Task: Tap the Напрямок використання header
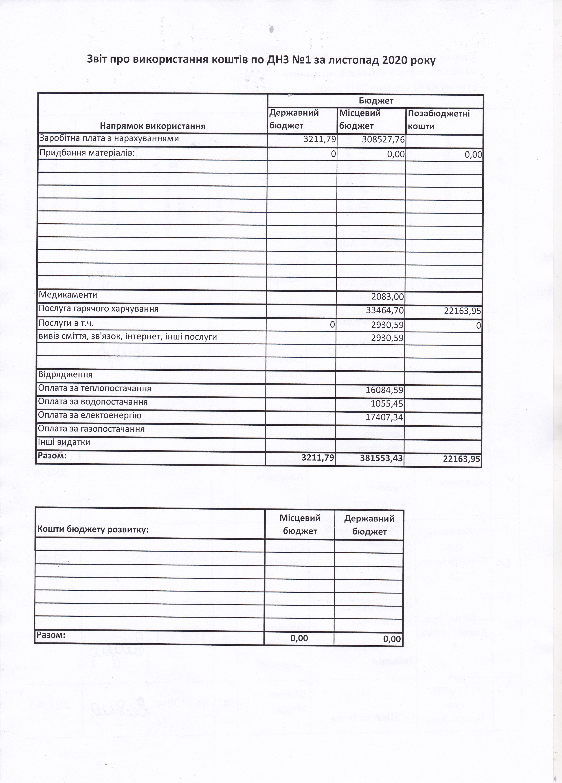(153, 126)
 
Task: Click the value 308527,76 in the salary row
(383, 139)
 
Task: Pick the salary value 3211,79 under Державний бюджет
(320, 139)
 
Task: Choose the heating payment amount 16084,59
(384, 390)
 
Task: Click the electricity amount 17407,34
(384, 417)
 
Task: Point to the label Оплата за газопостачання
(91, 429)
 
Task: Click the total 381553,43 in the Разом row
(381, 458)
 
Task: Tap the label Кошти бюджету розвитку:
(92, 529)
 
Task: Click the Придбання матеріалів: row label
(87, 153)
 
